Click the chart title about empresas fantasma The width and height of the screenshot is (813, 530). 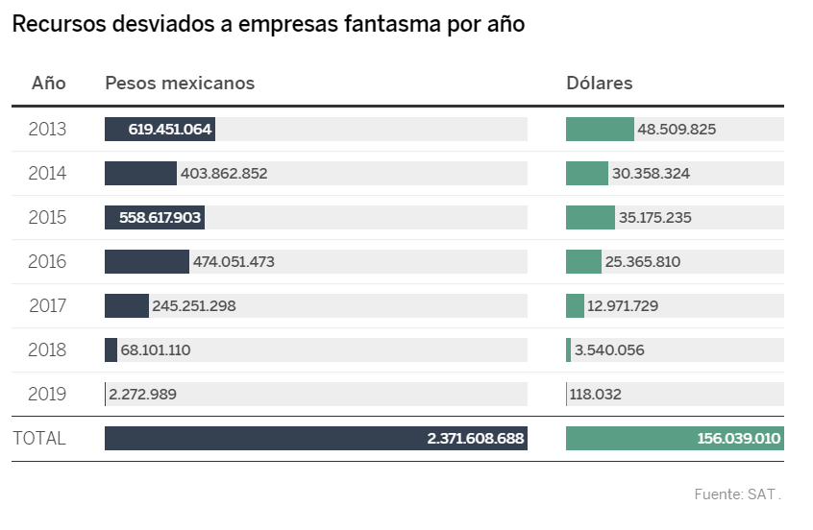point(268,26)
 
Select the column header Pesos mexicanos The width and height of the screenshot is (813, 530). point(180,84)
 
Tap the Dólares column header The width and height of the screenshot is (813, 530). point(600,84)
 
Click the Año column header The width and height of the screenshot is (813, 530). point(49,84)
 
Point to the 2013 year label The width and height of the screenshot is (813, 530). point(48,130)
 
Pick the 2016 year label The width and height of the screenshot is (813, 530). point(48,262)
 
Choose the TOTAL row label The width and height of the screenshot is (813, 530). point(39,439)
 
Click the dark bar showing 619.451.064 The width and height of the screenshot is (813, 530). point(160,130)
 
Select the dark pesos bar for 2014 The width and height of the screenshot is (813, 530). point(140,174)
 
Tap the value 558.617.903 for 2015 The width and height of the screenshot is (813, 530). point(160,218)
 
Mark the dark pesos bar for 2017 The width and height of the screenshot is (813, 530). point(127,306)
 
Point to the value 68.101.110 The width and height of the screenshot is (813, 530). point(156,350)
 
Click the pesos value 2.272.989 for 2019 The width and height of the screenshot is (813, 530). point(142,395)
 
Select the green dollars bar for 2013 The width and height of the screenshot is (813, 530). point(600,130)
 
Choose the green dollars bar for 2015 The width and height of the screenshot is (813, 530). point(590,218)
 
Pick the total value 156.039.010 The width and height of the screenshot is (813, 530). point(739,439)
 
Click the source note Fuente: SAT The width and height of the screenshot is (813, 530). point(737,495)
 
